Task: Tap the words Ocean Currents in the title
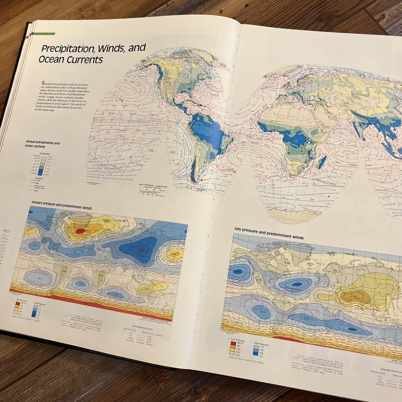click(x=71, y=60)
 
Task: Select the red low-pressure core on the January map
click(x=81, y=230)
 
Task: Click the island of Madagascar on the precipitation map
click(x=322, y=162)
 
